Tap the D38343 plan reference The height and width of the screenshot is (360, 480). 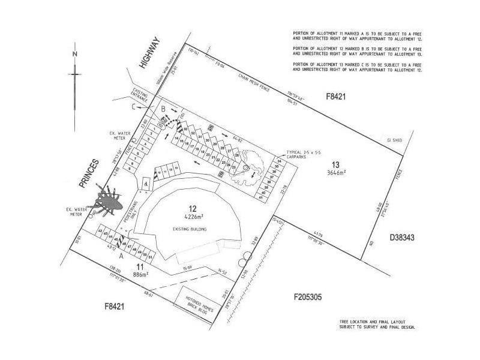point(403,238)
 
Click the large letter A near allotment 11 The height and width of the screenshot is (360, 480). point(121,255)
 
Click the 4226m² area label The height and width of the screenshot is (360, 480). point(193,217)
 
